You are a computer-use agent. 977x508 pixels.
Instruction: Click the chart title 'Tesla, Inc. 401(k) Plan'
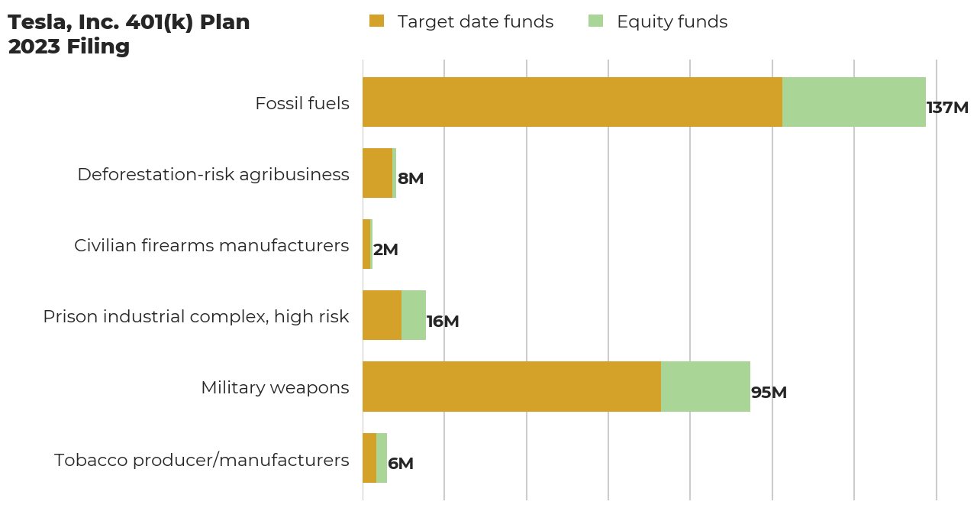click(129, 23)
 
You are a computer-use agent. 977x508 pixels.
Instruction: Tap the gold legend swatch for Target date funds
click(376, 21)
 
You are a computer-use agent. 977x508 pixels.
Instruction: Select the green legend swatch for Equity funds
click(595, 21)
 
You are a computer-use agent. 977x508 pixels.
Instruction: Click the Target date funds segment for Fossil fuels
click(572, 102)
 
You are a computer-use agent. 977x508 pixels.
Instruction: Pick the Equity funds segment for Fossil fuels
click(854, 102)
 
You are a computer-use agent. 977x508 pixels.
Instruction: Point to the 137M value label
click(947, 108)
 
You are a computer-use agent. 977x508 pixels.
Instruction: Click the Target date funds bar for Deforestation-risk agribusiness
click(377, 173)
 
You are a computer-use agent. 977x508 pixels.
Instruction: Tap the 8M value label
click(411, 179)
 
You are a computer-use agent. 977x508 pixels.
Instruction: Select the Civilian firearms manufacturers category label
click(211, 245)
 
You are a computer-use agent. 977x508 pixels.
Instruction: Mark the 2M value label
click(385, 250)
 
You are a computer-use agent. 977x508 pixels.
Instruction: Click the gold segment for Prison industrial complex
click(382, 315)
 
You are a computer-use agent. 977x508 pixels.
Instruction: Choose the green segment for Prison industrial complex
click(414, 315)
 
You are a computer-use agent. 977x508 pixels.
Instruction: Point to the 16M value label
click(443, 322)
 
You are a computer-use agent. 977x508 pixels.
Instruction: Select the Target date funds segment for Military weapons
click(511, 387)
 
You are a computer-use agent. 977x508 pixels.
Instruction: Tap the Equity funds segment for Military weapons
click(705, 387)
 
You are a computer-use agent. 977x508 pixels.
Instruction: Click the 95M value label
click(769, 393)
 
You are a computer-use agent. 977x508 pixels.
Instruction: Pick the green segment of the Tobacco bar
click(382, 458)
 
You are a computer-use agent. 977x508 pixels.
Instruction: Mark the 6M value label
click(401, 464)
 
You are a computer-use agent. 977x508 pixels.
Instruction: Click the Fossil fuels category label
click(302, 103)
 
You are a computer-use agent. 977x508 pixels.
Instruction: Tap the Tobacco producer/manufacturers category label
click(202, 460)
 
